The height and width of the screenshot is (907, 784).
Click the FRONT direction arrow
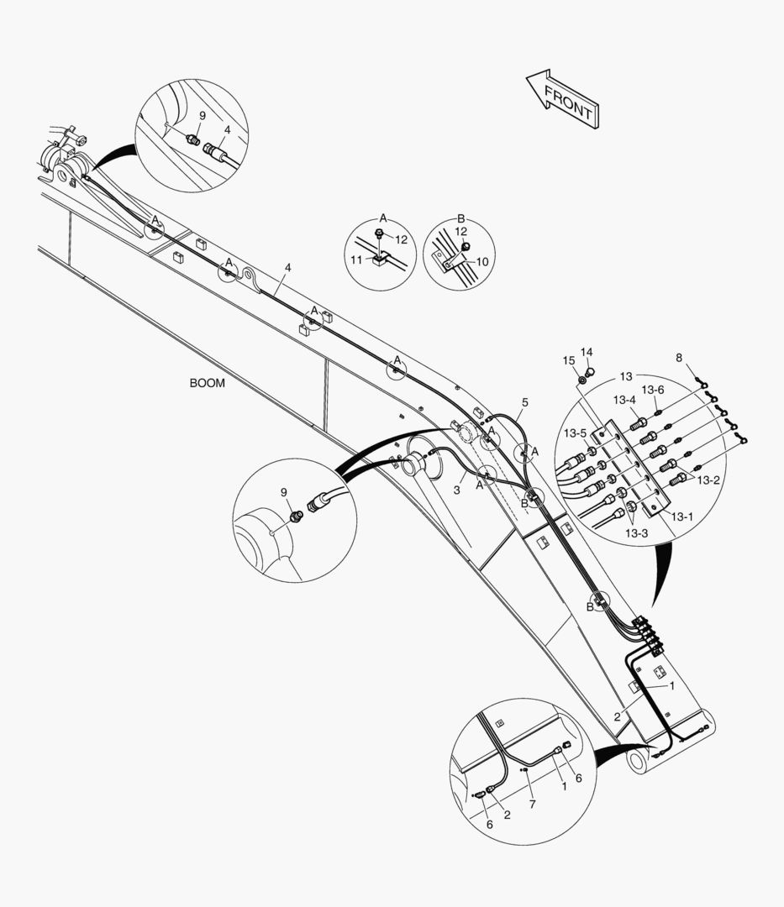pos(562,99)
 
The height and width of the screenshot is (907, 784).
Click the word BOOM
pos(208,383)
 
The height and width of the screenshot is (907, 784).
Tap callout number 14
pos(587,352)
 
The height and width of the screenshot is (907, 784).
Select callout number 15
pos(569,361)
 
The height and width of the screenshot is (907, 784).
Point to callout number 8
pos(679,358)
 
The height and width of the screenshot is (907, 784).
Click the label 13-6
pos(653,390)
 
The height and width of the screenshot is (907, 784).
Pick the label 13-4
pos(624,400)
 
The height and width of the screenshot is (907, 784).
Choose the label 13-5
pos(575,433)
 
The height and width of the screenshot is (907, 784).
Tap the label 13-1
pos(681,516)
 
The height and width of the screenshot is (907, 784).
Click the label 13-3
pos(636,533)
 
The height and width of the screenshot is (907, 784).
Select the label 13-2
pos(708,480)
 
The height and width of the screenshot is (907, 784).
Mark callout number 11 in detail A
pos(356,260)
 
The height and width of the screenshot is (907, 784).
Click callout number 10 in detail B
pos(482,262)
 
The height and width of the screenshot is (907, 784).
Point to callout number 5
pos(525,402)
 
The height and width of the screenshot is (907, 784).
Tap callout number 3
pos(456,490)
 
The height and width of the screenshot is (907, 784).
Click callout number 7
pos(532,804)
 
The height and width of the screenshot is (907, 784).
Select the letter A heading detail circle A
pos(383,218)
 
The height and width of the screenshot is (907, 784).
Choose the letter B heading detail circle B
pos(461,218)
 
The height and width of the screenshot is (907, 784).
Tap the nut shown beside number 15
pos(582,380)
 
